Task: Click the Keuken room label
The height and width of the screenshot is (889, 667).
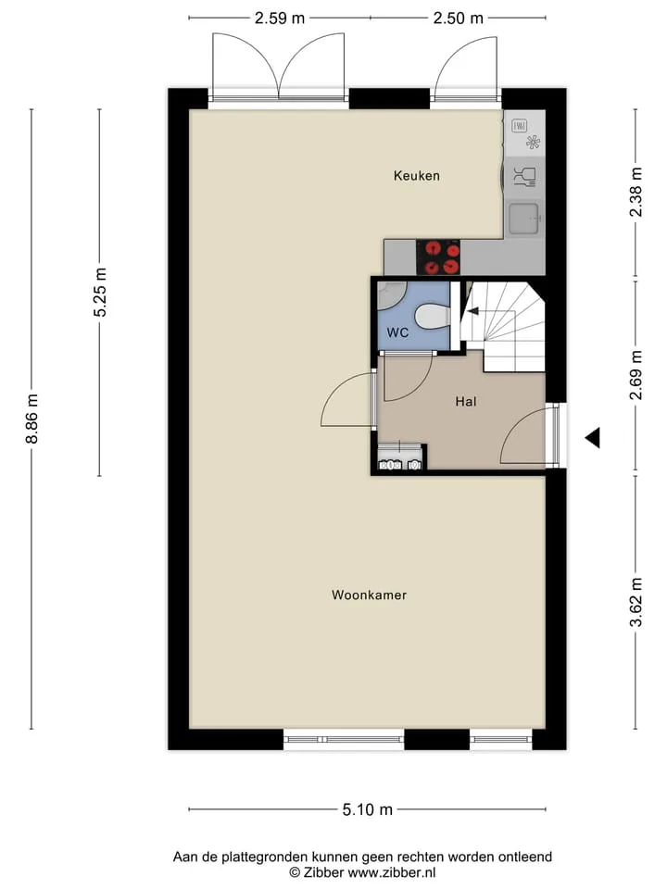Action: pos(416,176)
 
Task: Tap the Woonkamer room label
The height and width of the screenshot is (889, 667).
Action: pos(370,595)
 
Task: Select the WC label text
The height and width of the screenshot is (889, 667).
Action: pos(397,332)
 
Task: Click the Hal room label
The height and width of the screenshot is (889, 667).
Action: pos(466,401)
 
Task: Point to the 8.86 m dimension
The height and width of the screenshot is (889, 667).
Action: pos(31,419)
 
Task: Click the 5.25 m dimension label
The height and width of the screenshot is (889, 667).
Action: pos(100,292)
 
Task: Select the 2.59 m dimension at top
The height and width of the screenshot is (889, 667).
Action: pos(280,19)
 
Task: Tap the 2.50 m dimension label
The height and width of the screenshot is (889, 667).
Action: pos(459,19)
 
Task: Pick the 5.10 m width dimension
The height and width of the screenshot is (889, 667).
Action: pos(368,809)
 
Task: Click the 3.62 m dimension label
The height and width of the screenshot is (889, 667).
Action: pos(636,602)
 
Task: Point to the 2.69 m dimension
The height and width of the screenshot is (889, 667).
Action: pos(636,375)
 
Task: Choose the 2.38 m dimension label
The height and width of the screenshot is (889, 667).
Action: pos(636,192)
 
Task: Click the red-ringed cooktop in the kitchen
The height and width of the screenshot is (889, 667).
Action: pos(438,257)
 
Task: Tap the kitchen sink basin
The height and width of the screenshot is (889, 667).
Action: pos(524,219)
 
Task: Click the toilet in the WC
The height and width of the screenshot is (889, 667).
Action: pos(433,317)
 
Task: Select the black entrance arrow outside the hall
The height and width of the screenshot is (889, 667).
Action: pos(593,438)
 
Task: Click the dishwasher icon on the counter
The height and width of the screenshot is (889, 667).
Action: pos(524,177)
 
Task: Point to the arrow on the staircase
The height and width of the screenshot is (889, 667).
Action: pos(472,311)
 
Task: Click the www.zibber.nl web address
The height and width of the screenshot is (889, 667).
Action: pos(391,872)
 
